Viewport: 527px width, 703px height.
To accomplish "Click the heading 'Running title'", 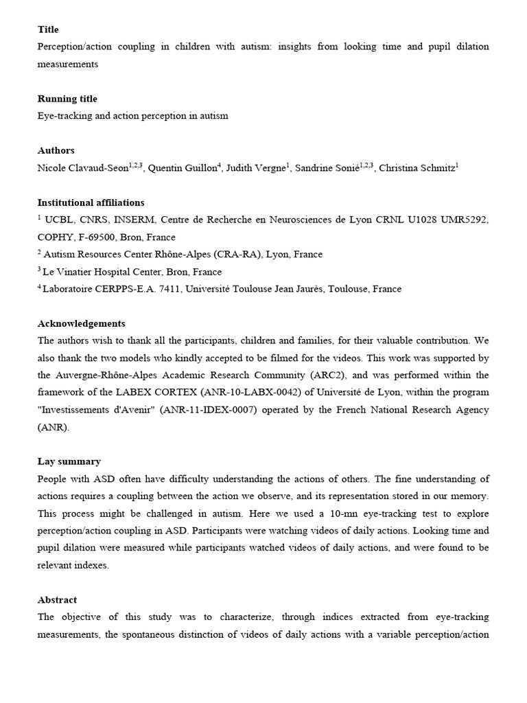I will tap(67, 99).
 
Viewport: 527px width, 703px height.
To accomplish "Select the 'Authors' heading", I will tap(56, 150).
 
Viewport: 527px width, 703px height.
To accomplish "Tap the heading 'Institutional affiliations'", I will tap(91, 203).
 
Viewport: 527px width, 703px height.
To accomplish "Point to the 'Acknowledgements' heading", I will tap(81, 323).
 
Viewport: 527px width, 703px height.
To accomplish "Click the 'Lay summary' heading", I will tap(69, 461).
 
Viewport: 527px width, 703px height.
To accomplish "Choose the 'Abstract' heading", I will tap(57, 599).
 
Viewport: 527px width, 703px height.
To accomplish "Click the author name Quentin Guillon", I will tap(182, 168).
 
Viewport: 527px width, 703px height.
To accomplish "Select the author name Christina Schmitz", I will tap(417, 168).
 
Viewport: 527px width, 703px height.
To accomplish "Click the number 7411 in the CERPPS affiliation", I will tap(169, 289).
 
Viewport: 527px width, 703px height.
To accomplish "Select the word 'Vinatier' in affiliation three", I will tap(81, 272).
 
